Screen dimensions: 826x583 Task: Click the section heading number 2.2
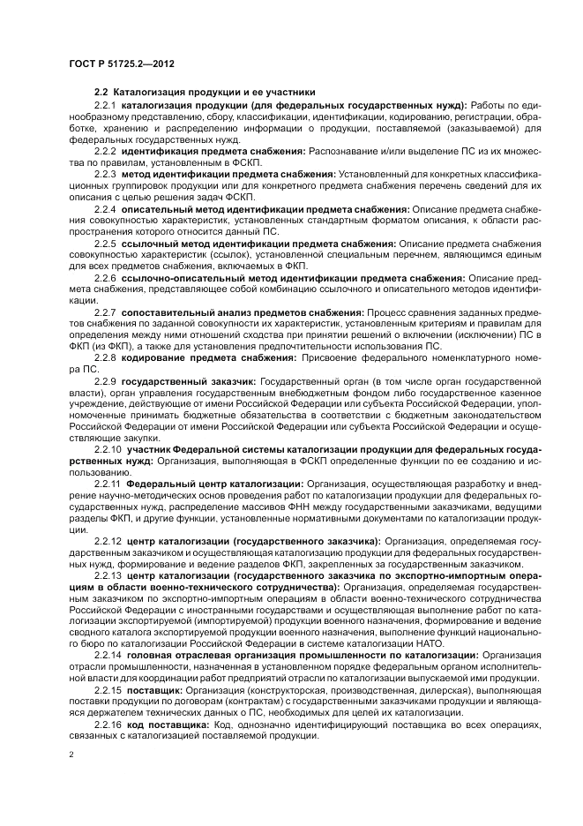point(101,93)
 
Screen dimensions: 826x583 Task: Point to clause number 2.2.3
point(105,175)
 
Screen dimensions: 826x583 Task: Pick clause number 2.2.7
point(105,312)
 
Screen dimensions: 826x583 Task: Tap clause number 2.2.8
point(105,357)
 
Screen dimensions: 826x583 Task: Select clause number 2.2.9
point(105,380)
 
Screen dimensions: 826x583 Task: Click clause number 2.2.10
point(108,449)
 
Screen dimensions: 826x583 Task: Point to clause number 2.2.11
point(108,484)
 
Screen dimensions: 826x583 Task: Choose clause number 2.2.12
point(108,541)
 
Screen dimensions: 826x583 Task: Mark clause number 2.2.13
point(108,575)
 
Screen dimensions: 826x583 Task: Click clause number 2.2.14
point(108,656)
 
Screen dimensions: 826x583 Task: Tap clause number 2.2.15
point(108,690)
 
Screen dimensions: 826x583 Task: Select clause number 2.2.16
point(108,725)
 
